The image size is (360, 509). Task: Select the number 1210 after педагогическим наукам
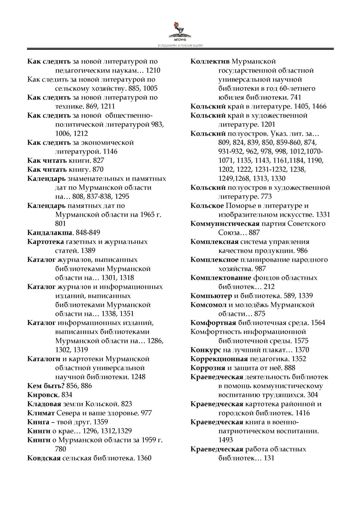tap(153, 70)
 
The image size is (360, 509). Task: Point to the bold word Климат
tap(41, 413)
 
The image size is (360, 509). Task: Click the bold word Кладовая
tap(44, 404)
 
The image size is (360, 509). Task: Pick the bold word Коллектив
tap(210, 61)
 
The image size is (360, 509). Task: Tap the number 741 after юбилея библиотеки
tap(295, 97)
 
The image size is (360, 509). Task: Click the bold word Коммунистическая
tap(225, 224)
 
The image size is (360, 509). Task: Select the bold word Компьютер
tap(211, 296)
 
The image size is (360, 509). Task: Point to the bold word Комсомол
tap(208, 305)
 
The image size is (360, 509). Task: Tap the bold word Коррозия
tap(208, 368)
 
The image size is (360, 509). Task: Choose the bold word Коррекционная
tap(219, 359)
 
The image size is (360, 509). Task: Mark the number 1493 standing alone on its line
tap(225, 440)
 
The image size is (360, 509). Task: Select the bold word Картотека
tap(45, 242)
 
